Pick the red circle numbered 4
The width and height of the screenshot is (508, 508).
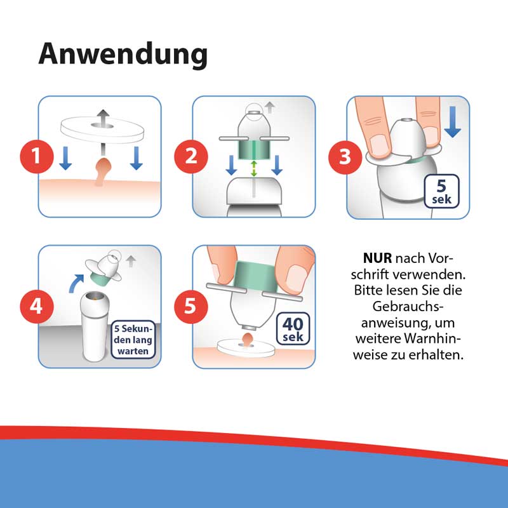click(37, 306)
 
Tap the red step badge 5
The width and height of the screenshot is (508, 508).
click(191, 306)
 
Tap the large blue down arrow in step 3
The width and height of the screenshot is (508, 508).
click(452, 123)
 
